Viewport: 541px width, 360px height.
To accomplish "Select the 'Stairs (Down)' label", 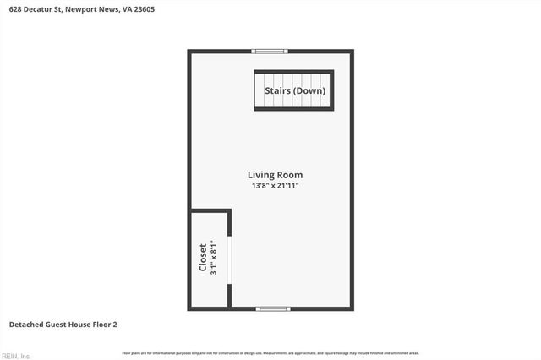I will click(294, 90).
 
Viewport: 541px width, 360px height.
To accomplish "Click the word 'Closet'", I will click(203, 259).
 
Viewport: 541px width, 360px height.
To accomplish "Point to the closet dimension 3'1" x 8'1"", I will click(214, 259).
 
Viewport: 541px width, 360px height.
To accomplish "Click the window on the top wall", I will click(270, 52).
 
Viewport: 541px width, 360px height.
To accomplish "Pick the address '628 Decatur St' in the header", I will click(36, 9).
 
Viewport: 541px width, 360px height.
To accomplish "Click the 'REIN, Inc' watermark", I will click(16, 356).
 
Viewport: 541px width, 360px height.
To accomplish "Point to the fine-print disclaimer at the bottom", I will click(270, 352).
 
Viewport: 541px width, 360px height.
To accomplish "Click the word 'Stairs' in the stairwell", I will click(278, 90).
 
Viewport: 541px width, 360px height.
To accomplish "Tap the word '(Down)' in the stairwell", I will click(309, 90).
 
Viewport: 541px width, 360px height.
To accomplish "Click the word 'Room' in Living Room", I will click(290, 175).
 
